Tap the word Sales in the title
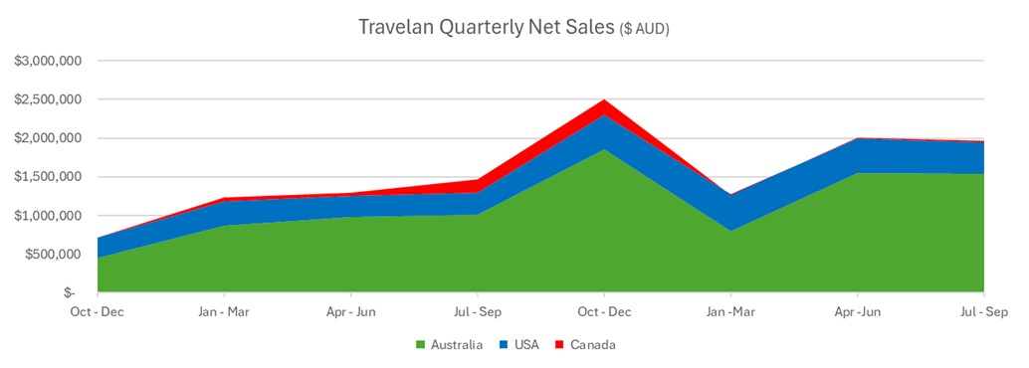[x=589, y=28]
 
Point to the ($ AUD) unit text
[x=644, y=30]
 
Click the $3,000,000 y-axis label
[x=48, y=62]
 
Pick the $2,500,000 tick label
[x=48, y=100]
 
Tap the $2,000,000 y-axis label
[x=48, y=139]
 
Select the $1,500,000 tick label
[x=48, y=178]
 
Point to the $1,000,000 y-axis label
[x=48, y=217]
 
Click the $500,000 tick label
[x=54, y=255]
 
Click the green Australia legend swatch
[x=421, y=345]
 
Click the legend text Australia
[x=456, y=345]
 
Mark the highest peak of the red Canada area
[x=604, y=100]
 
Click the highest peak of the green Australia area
[x=604, y=150]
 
